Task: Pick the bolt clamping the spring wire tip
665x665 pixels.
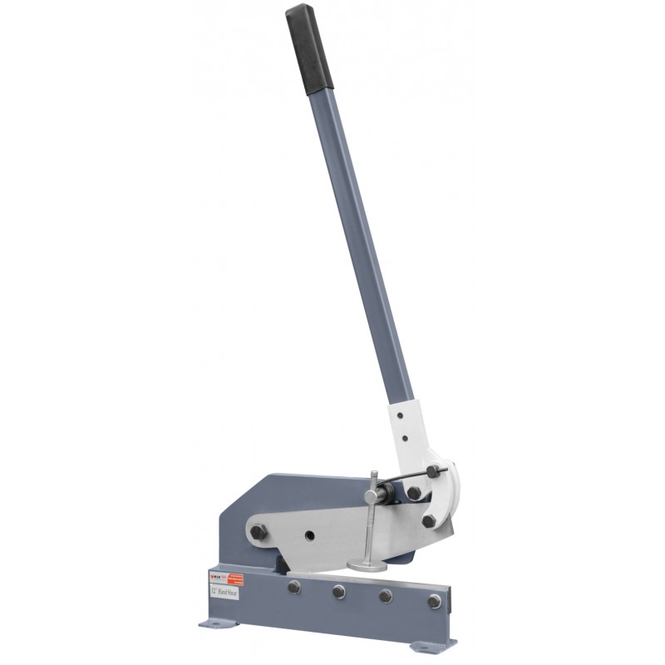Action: point(432,473)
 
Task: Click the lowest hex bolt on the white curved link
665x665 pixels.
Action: point(428,521)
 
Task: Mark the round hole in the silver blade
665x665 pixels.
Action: point(310,535)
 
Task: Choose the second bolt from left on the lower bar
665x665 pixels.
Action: point(338,592)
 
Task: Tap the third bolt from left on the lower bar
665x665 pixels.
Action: point(386,597)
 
